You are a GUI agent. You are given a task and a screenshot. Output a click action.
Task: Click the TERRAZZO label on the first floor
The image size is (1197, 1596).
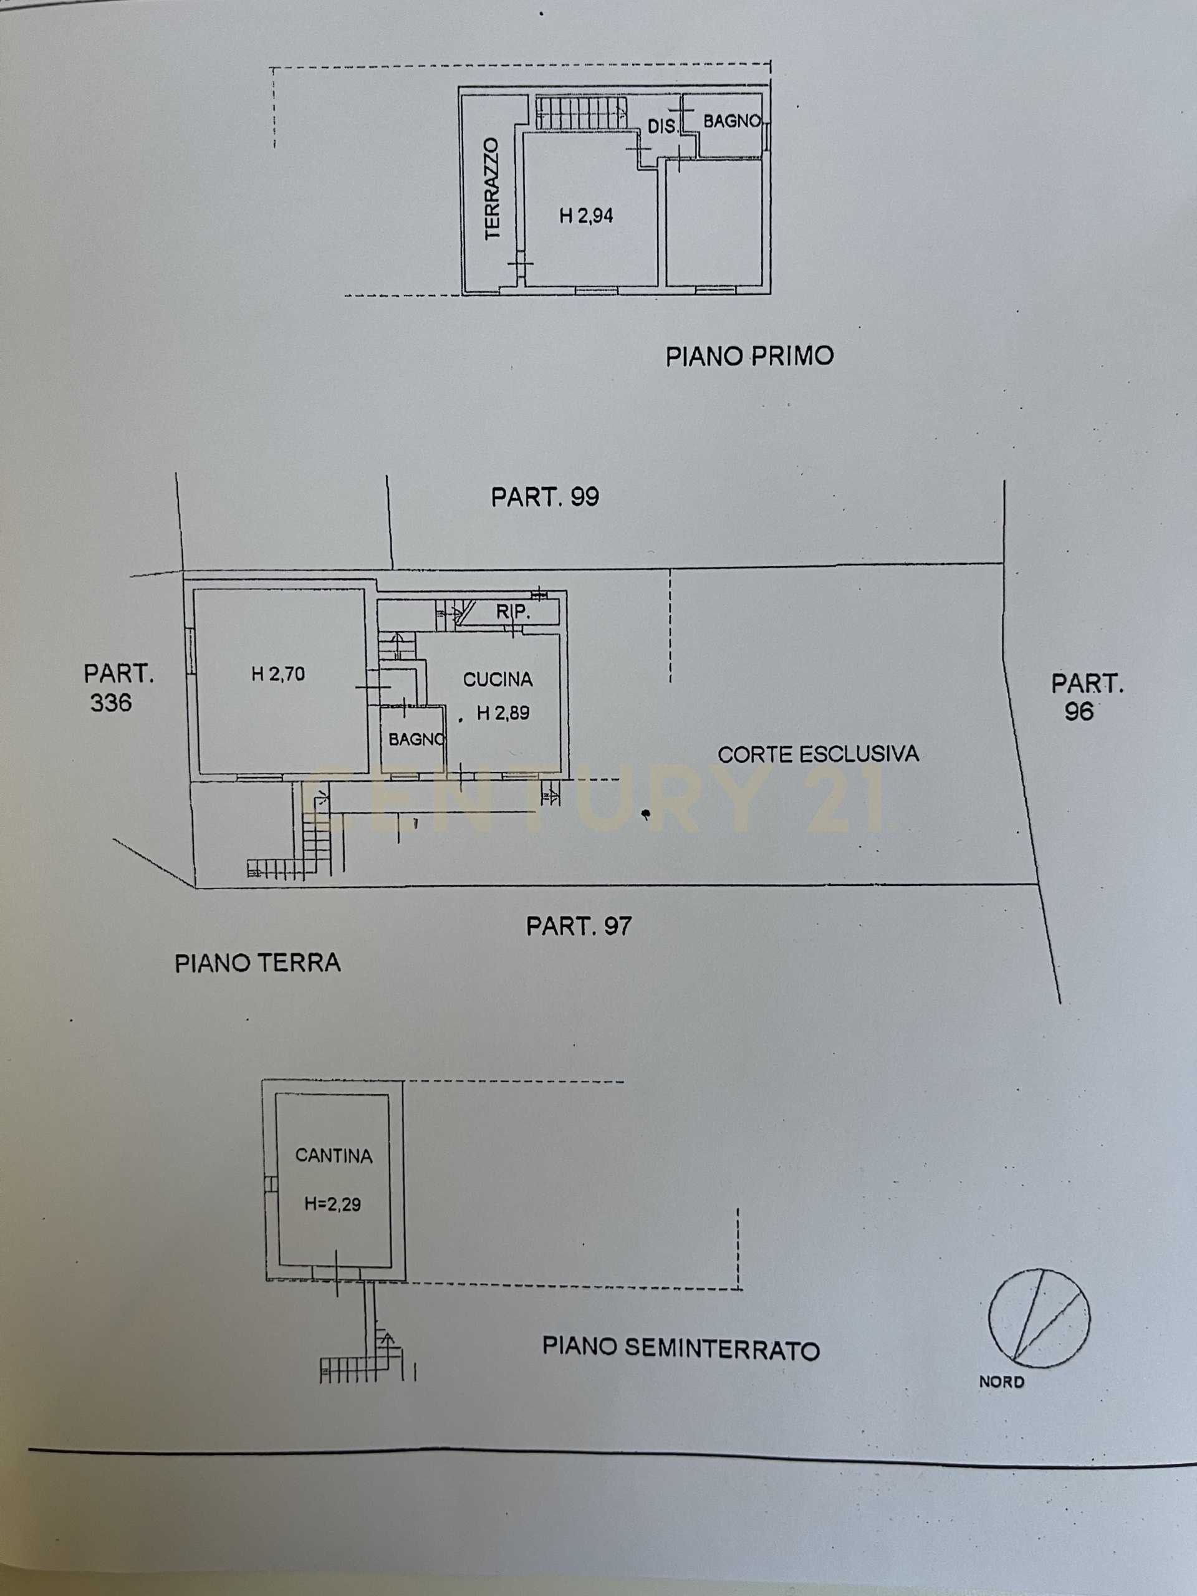[492, 189]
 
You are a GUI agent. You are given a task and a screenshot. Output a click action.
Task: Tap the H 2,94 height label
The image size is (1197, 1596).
[587, 215]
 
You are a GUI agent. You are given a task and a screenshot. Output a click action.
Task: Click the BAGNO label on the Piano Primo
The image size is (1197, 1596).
[733, 121]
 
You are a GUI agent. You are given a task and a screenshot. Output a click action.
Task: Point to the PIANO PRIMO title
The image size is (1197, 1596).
[749, 356]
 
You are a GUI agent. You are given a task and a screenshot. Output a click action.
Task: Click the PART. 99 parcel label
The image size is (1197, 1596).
[546, 497]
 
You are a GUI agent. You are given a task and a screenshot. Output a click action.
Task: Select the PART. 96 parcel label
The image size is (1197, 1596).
[1087, 697]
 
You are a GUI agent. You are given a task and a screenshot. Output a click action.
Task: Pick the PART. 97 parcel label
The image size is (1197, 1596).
[579, 926]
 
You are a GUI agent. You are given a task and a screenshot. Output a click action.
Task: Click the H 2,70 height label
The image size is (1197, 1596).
[278, 674]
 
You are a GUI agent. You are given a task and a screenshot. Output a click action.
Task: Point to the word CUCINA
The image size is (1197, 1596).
[498, 679]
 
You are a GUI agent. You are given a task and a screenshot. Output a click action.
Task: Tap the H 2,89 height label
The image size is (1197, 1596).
[503, 713]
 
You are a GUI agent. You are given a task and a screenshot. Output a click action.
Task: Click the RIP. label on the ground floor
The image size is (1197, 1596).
[513, 613]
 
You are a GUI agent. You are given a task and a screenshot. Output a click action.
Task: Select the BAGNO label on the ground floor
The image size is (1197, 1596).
[416, 739]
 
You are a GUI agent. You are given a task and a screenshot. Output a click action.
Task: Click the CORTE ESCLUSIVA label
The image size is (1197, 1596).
[818, 755]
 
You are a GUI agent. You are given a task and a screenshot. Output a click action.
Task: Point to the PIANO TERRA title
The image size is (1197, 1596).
[257, 963]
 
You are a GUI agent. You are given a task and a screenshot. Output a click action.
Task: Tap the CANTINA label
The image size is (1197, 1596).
[334, 1156]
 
